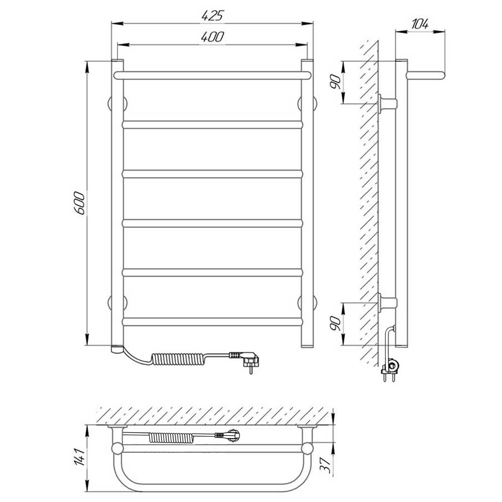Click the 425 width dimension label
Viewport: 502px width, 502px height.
pyautogui.click(x=212, y=16)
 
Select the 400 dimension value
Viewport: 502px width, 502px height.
pyautogui.click(x=212, y=37)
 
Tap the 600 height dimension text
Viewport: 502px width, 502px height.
pyautogui.click(x=79, y=203)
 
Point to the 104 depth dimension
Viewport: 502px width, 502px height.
pyautogui.click(x=420, y=24)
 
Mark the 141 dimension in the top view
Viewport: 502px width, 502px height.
pyautogui.click(x=80, y=457)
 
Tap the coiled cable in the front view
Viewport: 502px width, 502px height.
pyautogui.click(x=177, y=359)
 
